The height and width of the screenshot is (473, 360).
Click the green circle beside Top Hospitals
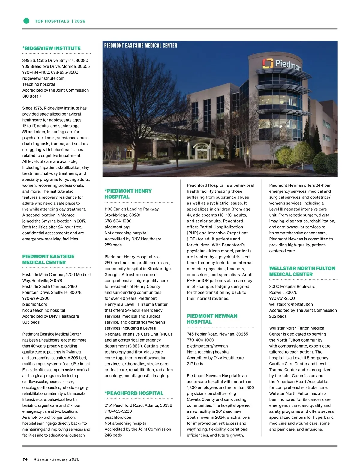[x=26, y=21]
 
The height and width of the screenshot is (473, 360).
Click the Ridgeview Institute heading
[x=51, y=48]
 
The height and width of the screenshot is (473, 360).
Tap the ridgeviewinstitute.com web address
[x=43, y=78]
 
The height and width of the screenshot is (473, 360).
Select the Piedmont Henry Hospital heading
[x=128, y=194]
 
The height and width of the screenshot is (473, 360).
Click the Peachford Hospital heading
[x=134, y=393]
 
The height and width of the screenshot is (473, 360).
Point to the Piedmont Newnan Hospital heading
[x=212, y=319]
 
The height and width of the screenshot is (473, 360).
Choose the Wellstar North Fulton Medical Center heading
[x=302, y=271]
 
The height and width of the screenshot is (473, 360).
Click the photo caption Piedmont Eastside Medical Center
[x=141, y=46]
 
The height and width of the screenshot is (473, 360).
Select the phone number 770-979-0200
[x=36, y=298]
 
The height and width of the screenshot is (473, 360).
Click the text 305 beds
[x=31, y=322]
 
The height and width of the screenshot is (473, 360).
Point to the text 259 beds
[x=113, y=245]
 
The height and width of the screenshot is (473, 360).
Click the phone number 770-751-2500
[x=282, y=298]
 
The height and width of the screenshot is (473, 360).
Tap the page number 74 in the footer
[x=25, y=459]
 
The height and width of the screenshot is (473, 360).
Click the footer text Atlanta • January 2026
[x=56, y=459]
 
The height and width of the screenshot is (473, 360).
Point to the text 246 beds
[x=113, y=435]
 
